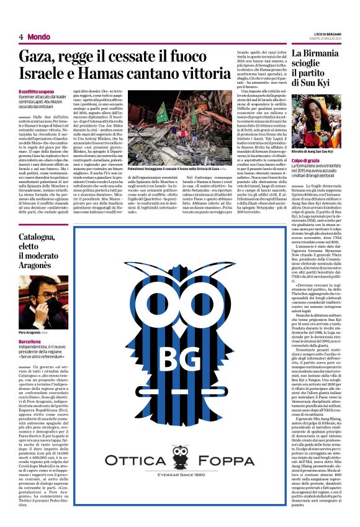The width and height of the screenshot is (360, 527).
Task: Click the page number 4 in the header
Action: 20,37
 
